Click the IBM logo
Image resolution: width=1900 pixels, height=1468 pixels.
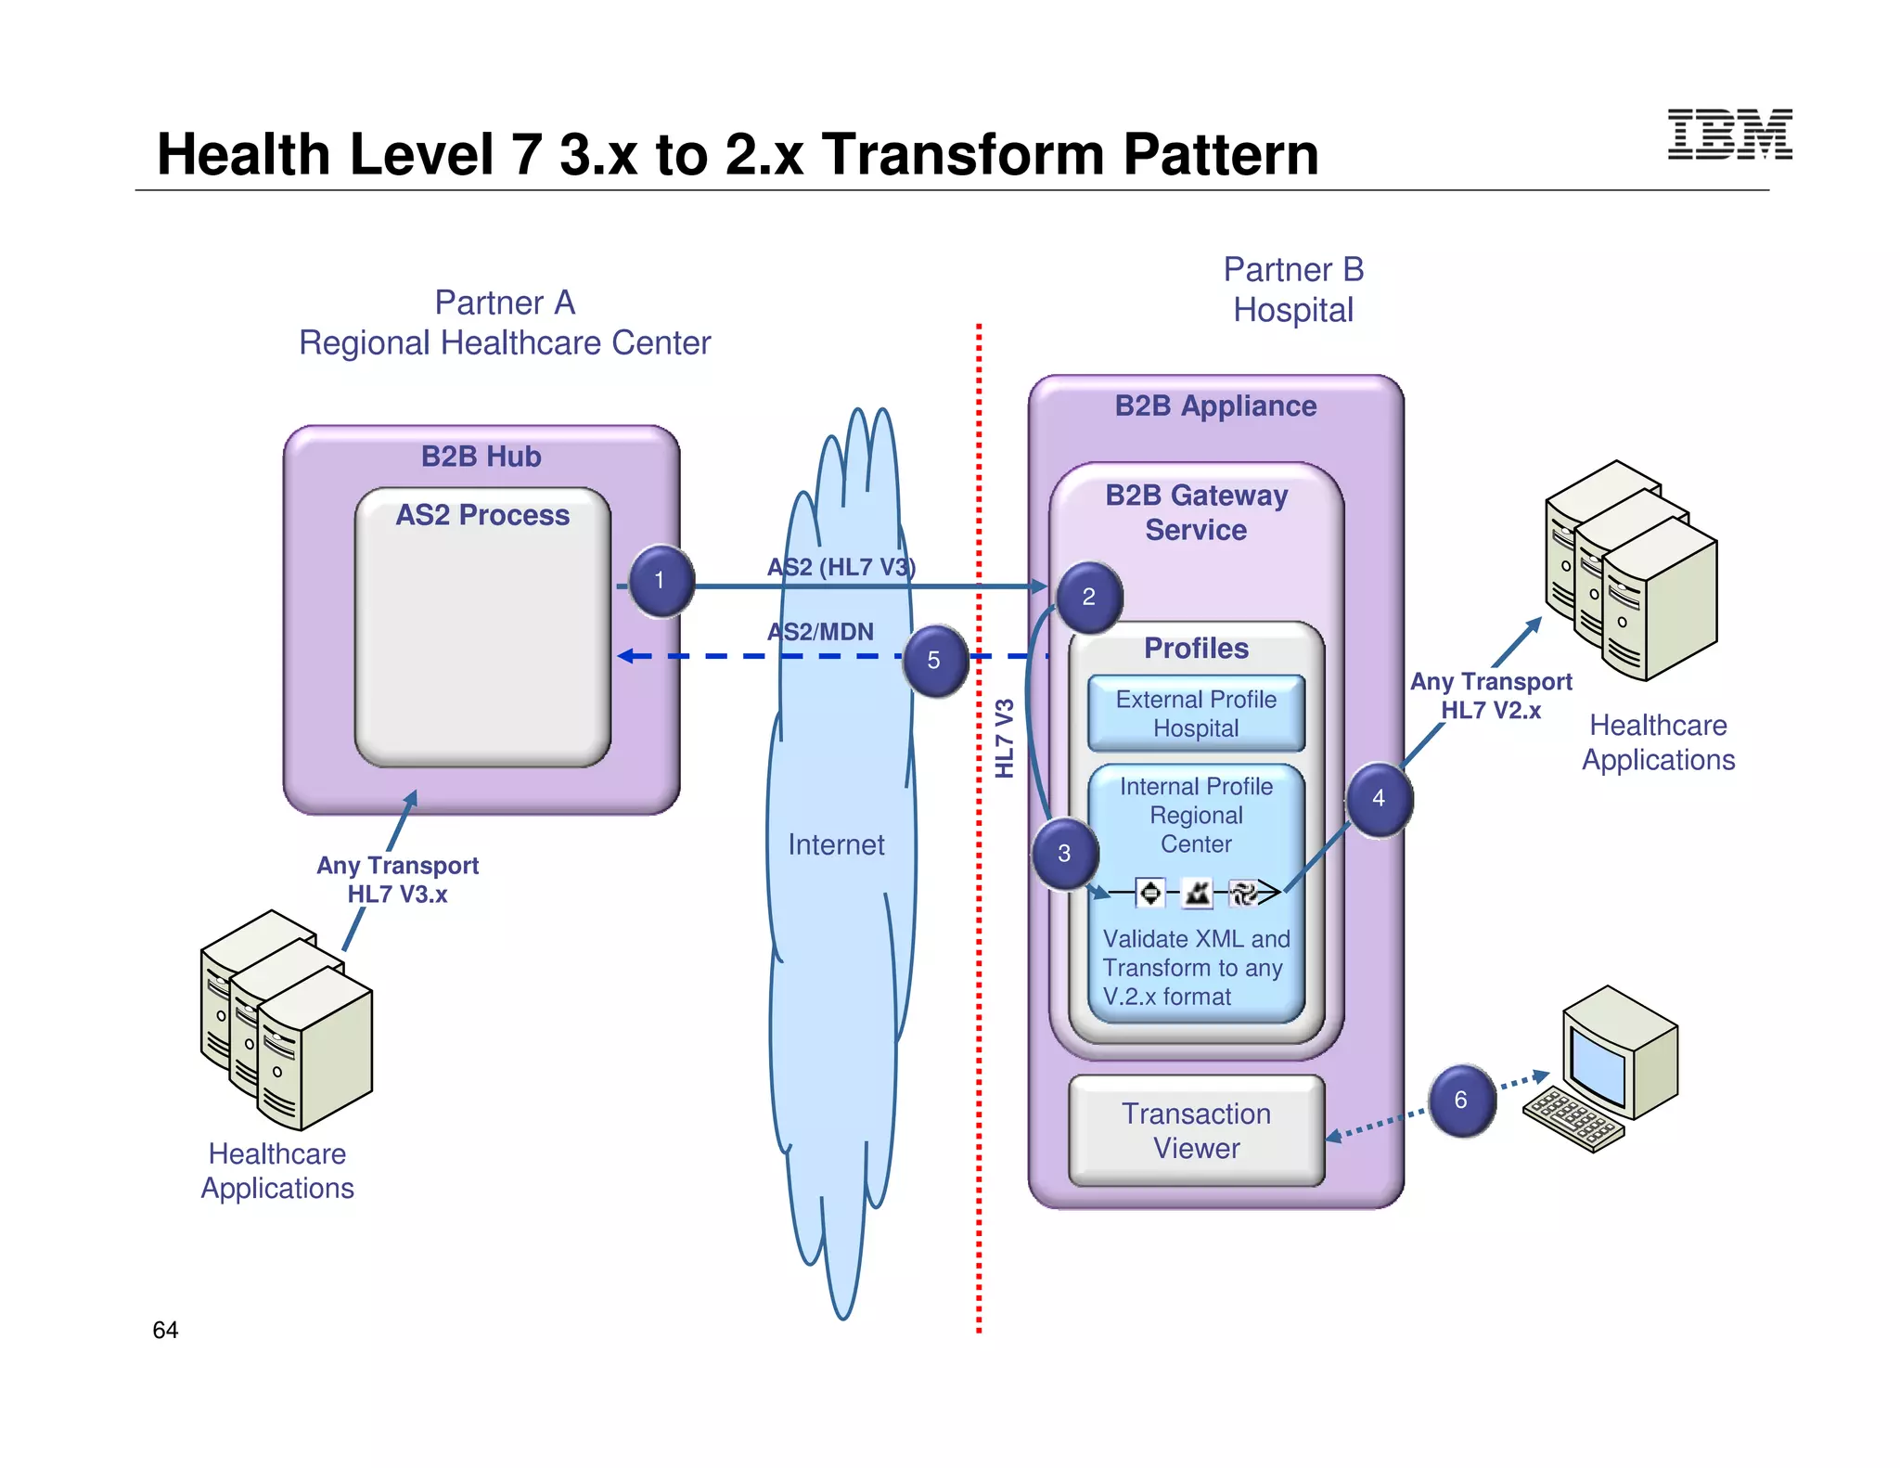1729,135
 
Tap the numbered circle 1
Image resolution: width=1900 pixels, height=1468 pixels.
661,582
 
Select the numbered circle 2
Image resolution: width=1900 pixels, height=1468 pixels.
1089,598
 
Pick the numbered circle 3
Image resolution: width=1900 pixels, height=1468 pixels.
1065,854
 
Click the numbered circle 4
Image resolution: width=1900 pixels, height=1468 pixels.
1379,799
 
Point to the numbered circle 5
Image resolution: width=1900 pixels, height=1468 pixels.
934,661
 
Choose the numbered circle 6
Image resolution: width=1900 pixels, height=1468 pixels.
1461,1101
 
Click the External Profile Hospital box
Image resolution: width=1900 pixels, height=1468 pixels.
1196,714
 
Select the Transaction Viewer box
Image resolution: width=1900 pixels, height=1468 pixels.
1196,1131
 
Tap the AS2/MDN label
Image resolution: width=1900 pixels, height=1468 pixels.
820,632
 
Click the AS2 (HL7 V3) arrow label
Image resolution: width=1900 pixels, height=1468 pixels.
841,567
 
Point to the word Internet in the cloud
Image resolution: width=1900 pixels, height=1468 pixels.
836,844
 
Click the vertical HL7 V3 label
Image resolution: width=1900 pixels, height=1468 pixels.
1005,739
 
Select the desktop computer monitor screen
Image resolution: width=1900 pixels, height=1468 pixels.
1598,1065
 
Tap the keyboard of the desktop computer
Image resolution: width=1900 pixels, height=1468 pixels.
1573,1118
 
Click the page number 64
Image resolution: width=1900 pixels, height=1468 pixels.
165,1330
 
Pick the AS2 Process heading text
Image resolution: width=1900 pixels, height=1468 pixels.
482,515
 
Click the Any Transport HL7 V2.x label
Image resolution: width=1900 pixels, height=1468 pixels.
1491,696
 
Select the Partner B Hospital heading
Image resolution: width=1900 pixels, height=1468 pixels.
1293,290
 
